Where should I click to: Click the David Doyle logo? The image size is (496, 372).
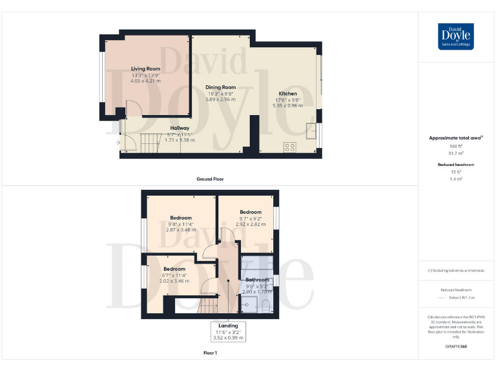coord(456,37)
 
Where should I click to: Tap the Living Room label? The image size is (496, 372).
coord(145,68)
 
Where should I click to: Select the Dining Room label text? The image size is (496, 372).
coord(220,87)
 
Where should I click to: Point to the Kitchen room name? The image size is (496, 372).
coord(287,94)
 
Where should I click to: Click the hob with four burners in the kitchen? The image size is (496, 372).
coord(290,147)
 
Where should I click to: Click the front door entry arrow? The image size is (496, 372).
coord(117,142)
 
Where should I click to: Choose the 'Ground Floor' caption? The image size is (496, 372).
coord(210,179)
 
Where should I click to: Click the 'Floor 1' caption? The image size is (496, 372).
coord(210,353)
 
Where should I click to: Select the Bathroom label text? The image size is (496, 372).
coord(256,280)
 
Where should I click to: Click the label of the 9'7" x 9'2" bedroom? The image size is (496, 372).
coord(251,212)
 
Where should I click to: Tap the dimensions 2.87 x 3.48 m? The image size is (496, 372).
coord(181,230)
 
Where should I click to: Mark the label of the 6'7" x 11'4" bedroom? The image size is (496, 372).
coord(174,269)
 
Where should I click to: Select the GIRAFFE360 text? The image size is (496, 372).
coord(456,347)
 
